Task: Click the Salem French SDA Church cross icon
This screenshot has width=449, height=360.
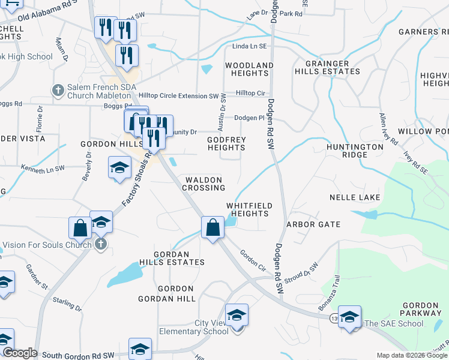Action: click(x=58, y=90)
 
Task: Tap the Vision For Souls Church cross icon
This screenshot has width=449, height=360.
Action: click(x=101, y=244)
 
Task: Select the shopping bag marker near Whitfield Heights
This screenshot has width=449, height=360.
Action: click(x=212, y=227)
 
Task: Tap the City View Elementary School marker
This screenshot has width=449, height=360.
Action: click(x=237, y=314)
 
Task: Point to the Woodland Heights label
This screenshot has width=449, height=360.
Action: click(x=249, y=69)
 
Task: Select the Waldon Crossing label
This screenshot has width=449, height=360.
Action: click(x=203, y=184)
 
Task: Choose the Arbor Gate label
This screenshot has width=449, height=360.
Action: click(x=313, y=224)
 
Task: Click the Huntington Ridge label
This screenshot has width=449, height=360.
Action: click(x=355, y=151)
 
